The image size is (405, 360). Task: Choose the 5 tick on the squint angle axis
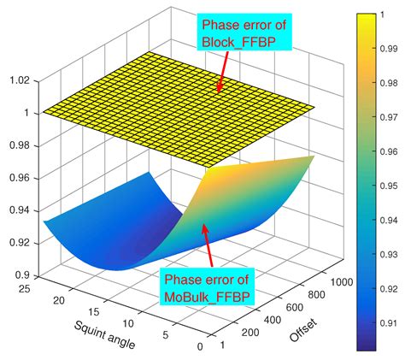click(167, 336)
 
